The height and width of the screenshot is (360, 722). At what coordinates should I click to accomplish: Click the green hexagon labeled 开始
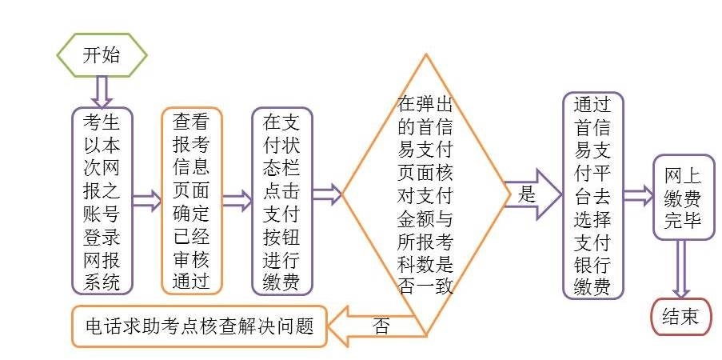click(101, 54)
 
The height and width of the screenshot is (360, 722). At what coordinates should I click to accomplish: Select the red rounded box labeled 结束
click(681, 316)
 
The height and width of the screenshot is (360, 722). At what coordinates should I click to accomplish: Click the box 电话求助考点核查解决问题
click(199, 326)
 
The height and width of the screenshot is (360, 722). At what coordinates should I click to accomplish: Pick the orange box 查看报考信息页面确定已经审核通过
click(191, 201)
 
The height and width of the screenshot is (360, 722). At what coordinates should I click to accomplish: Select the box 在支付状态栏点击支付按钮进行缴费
click(281, 201)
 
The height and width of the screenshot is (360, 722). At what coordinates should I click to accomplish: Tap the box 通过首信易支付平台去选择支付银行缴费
click(592, 195)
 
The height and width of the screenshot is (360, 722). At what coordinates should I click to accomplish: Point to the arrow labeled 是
click(534, 194)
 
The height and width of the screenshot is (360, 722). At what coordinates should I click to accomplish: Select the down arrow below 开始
click(101, 91)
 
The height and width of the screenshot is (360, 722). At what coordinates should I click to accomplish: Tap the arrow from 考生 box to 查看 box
click(146, 201)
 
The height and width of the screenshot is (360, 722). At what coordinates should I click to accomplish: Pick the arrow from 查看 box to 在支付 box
click(236, 201)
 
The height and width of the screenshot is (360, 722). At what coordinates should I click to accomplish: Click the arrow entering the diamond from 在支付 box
click(326, 194)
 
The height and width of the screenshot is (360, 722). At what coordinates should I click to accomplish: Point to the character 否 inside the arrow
click(381, 326)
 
